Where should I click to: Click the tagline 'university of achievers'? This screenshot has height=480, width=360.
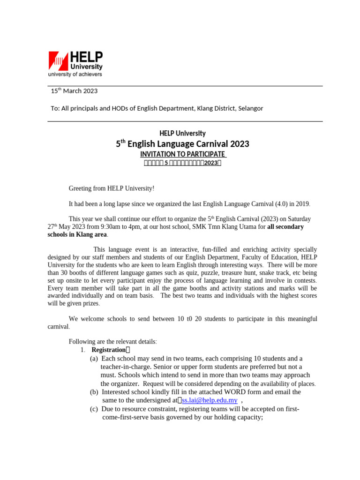(x=75, y=74)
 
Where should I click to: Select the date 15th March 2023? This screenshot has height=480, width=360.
(x=74, y=91)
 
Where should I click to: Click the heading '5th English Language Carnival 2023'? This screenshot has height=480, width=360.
(x=182, y=144)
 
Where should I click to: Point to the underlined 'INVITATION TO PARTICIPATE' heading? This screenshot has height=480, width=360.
(x=183, y=154)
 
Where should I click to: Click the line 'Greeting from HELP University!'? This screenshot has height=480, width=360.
(x=111, y=188)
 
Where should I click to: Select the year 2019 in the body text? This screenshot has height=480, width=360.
(x=302, y=204)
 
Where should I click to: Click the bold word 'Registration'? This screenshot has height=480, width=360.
(x=108, y=350)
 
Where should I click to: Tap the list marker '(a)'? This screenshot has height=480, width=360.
(x=94, y=359)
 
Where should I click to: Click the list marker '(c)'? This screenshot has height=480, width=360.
(x=94, y=409)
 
